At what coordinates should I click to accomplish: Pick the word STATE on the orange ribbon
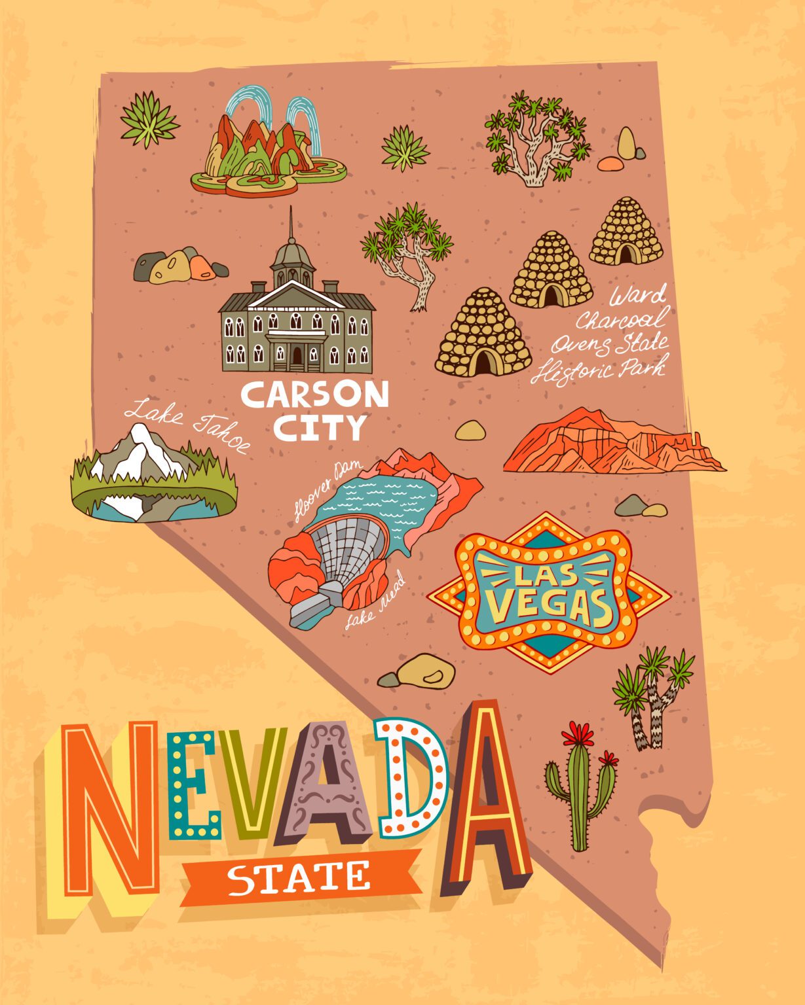298,878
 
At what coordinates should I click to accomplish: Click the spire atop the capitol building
290,222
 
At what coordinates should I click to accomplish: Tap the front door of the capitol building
297,356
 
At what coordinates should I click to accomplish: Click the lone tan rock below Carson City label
470,430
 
